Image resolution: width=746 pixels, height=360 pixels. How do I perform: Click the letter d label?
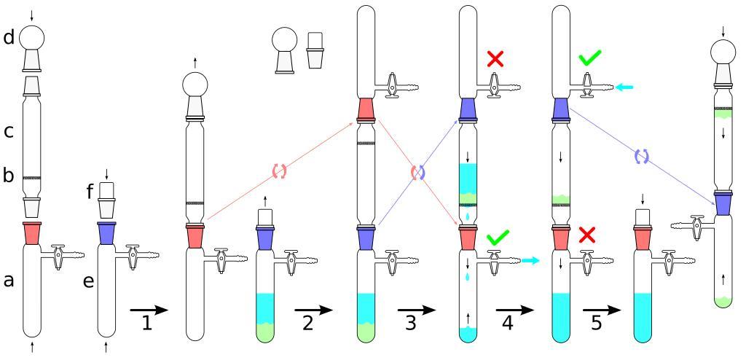pos(9,38)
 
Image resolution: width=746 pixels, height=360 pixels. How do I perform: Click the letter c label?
pos(9,132)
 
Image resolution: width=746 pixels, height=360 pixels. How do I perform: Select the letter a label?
pos(9,281)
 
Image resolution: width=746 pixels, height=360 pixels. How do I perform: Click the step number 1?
pos(147,321)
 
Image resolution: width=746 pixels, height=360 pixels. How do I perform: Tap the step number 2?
pos(307,321)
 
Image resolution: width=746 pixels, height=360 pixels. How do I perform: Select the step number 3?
pos(411,321)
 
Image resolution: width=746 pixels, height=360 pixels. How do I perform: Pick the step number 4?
pos(508,321)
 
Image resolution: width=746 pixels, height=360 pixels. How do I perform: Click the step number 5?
pos(597,321)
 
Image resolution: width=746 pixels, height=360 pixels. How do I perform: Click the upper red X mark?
pos(495,59)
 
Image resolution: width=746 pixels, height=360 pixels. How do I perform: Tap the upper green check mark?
pos(591,58)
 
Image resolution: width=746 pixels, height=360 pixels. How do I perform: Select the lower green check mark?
pos(498,236)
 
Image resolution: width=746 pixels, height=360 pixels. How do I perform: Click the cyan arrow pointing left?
pos(624,87)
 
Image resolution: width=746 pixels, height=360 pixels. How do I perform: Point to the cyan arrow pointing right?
pos(530,260)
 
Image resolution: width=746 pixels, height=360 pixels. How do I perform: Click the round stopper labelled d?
pos(32,38)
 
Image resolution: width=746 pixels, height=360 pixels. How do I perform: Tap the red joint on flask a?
pos(32,233)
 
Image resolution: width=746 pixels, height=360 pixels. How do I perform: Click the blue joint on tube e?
pos(106,233)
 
